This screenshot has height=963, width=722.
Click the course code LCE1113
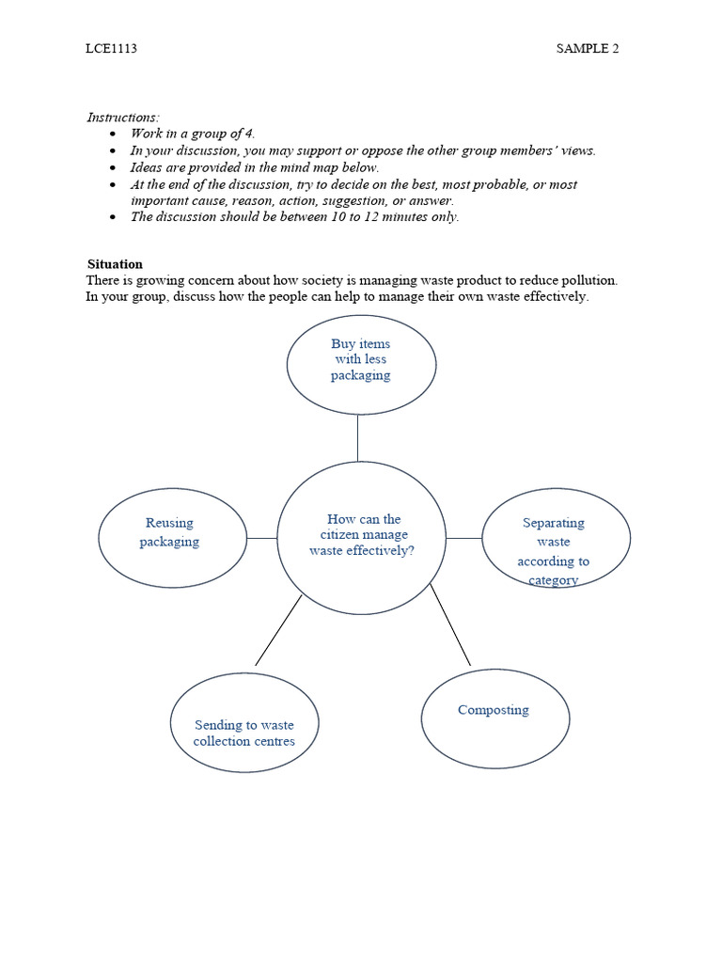tap(111, 49)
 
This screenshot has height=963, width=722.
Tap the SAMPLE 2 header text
tap(588, 49)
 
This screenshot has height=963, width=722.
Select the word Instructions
tap(122, 118)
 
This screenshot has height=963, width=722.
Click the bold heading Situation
tap(115, 264)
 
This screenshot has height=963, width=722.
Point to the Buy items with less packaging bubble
tap(361, 365)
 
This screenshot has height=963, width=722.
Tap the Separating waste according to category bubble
tap(556, 538)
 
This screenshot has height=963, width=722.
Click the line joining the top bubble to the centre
tap(357, 437)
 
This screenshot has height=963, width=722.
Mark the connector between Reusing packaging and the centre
tap(262, 538)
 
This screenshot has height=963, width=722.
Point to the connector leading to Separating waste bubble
tap(463, 538)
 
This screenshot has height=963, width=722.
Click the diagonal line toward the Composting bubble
tap(451, 625)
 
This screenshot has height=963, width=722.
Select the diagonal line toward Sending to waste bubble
tap(278, 630)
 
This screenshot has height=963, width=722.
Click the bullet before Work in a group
tap(114, 134)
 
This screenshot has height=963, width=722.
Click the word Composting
tap(494, 710)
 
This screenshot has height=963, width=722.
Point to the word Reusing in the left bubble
tap(169, 523)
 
